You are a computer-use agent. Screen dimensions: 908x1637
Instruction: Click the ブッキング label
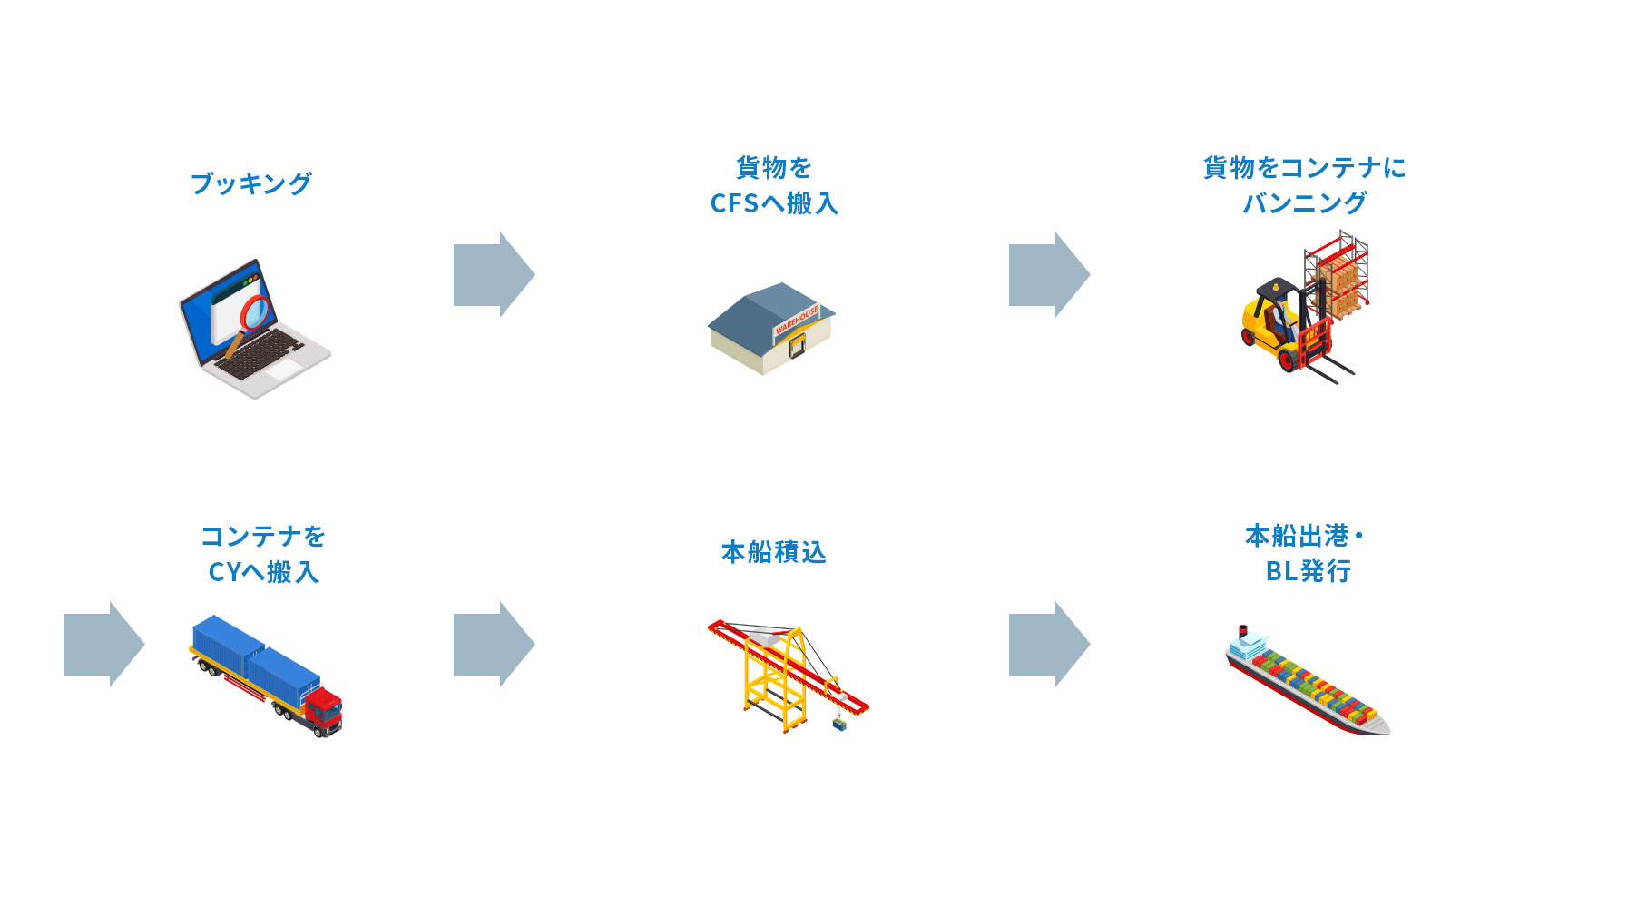[x=251, y=184]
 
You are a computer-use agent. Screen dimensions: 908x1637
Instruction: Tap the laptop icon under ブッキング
[x=254, y=331]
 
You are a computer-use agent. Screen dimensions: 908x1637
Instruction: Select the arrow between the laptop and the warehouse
[x=494, y=274]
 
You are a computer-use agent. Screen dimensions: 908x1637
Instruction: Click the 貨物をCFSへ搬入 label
[x=774, y=186]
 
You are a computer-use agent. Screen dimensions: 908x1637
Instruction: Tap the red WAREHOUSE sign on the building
[x=796, y=320]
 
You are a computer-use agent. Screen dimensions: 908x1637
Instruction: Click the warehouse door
[x=797, y=345]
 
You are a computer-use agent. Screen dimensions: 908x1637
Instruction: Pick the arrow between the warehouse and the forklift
[x=1049, y=274]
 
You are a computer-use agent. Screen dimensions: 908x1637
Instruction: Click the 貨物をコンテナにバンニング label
[x=1304, y=186]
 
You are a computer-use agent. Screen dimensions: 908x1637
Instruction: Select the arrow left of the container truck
[x=103, y=644]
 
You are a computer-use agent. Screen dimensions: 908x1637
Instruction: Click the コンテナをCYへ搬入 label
[x=263, y=554]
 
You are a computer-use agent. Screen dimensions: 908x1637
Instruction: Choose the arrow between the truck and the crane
[x=494, y=644]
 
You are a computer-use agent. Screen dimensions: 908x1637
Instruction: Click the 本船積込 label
[x=774, y=552]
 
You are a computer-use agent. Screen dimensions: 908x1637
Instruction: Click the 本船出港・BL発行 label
[x=1304, y=554]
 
